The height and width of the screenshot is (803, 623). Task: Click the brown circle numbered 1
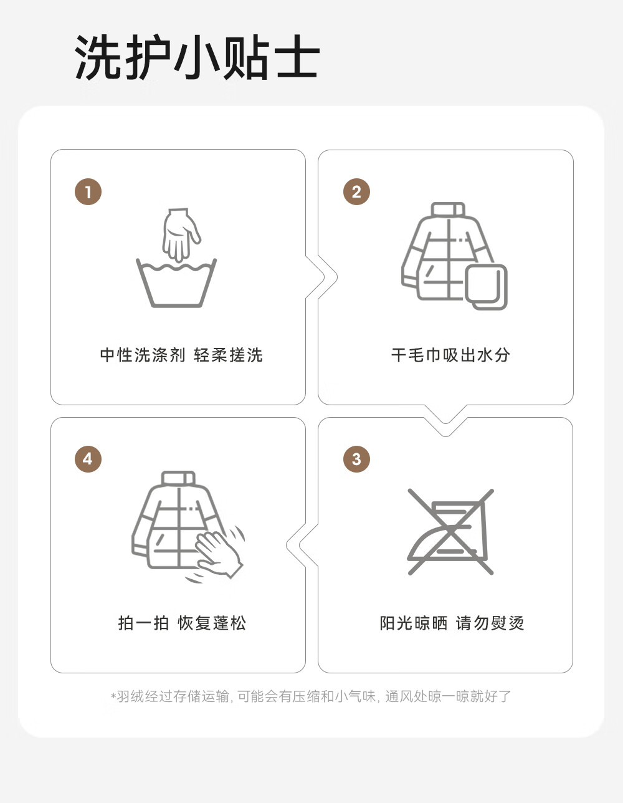[88, 192]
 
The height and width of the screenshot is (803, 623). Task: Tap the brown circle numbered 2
[356, 192]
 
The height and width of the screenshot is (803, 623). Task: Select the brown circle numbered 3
[356, 459]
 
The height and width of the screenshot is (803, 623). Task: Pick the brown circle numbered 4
[88, 459]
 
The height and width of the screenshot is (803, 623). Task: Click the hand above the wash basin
[181, 234]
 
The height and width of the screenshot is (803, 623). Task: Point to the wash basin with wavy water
[176, 282]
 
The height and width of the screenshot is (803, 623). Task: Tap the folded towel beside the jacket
[486, 287]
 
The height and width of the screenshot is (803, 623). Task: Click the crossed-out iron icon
[450, 532]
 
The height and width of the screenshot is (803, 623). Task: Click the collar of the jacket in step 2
[447, 209]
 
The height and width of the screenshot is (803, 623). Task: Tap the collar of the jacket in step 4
[178, 478]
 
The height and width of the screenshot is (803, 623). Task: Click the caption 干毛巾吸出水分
[450, 355]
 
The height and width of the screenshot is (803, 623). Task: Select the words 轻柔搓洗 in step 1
[228, 355]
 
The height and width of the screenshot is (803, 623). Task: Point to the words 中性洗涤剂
[143, 355]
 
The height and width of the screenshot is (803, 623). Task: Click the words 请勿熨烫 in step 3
[490, 623]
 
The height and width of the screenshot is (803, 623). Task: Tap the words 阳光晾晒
[414, 623]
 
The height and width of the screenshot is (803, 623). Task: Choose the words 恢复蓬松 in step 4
[212, 623]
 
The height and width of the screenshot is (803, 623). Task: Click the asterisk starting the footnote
[113, 696]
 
